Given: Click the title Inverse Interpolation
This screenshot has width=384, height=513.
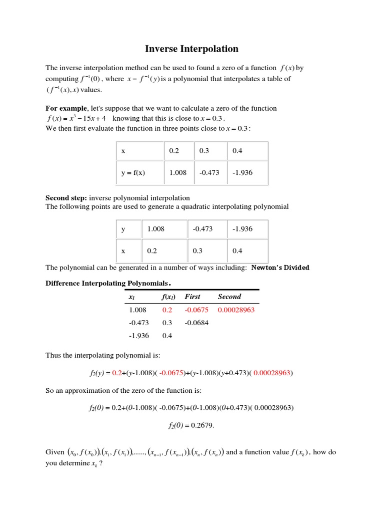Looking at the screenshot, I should (x=191, y=49).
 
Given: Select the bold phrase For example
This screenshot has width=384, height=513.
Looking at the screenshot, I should (x=66, y=108).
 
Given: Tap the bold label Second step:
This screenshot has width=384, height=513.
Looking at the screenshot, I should (x=66, y=198).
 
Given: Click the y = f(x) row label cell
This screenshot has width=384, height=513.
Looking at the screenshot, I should (x=133, y=173).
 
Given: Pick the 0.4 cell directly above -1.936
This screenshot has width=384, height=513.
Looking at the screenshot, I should (x=237, y=151).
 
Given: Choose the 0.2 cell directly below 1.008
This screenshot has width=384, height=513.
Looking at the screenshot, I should (x=152, y=251).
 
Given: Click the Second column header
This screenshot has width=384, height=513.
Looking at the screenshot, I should (x=229, y=297).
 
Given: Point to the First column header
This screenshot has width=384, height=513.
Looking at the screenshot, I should (x=192, y=297).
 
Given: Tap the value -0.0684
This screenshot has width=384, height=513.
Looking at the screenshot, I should (x=196, y=323).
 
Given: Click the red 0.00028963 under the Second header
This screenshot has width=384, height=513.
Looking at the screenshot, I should (x=236, y=310).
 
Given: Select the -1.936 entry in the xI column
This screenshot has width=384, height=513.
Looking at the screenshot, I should (x=138, y=336).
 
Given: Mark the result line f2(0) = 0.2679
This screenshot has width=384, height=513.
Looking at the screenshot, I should (x=191, y=426).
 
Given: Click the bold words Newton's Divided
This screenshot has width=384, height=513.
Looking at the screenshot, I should (x=280, y=268).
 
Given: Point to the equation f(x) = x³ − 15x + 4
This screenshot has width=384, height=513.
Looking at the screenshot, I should (x=76, y=119).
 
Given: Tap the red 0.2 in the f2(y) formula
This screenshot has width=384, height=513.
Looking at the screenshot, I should (x=116, y=373).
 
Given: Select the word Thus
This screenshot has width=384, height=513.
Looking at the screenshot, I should (x=53, y=355).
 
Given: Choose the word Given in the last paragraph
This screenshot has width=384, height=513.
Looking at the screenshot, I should (x=55, y=452).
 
